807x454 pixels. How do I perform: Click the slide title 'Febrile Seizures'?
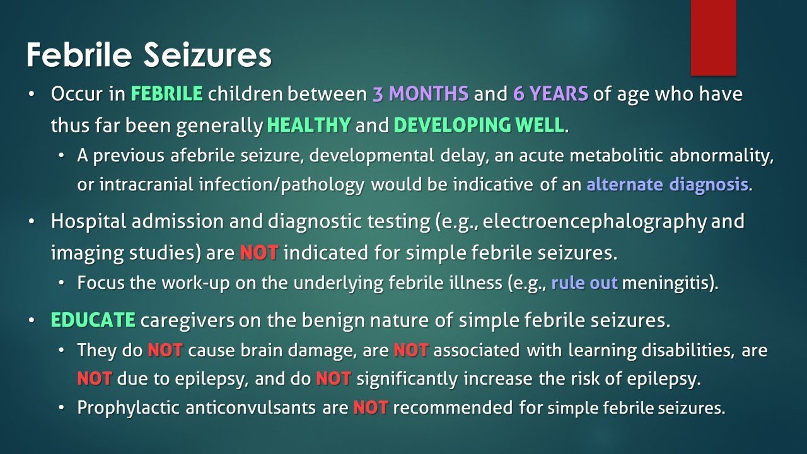pos(149,55)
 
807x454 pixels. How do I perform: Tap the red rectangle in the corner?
pos(713,37)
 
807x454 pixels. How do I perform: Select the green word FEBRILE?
pos(167,94)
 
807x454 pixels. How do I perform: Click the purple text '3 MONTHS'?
pos(421,94)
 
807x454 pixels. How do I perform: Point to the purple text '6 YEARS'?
pos(550,94)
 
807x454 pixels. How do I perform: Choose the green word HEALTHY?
pos(309,125)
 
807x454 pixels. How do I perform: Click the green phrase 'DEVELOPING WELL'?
pos(479,125)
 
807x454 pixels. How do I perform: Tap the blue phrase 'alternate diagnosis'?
pos(667,185)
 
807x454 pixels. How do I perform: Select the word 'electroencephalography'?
pos(595,221)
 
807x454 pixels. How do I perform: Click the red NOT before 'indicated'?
pos(259,253)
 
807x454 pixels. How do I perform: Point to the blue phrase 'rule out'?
pos(584,283)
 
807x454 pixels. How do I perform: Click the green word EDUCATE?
pos(93,320)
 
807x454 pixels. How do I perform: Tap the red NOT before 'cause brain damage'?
pos(165,350)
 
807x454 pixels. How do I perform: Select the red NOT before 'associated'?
pos(411,350)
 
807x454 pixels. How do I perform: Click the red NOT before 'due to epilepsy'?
pos(95,379)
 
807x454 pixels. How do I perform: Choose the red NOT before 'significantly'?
pos(334,379)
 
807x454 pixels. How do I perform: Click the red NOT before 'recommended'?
pos(371,408)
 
